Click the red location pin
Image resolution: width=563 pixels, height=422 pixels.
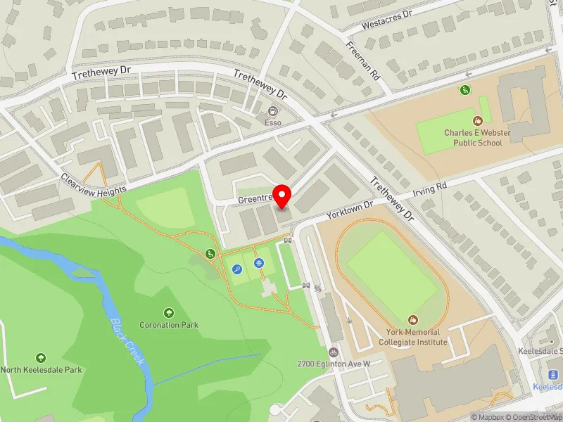[x=282, y=196]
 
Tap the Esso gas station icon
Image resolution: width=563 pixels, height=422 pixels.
[x=272, y=111]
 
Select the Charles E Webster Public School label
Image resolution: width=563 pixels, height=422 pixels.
[x=473, y=138]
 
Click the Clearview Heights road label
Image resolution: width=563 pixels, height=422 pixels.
[x=93, y=185]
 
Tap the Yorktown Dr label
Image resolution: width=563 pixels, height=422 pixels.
[x=348, y=210]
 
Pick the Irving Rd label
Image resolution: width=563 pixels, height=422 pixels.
[x=430, y=188]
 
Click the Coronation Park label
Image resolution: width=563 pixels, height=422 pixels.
[x=169, y=325]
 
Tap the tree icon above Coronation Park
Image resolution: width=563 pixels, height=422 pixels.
[x=169, y=313]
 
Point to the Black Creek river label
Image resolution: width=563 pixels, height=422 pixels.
[x=128, y=342]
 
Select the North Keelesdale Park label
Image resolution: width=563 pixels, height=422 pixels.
[x=41, y=370]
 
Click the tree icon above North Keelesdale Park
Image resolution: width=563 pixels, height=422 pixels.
[x=40, y=358]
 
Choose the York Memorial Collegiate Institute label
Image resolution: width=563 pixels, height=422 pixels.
[x=412, y=337]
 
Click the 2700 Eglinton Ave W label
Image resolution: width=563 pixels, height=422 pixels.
[x=334, y=364]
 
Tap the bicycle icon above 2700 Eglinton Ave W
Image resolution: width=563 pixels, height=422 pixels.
[x=334, y=352]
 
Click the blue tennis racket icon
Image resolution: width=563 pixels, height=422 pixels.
[x=238, y=269]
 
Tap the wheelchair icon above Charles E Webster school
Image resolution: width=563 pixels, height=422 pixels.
[x=464, y=89]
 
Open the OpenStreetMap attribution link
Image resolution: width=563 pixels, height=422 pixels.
[x=533, y=417]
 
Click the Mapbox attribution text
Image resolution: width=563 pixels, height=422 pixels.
[x=486, y=417]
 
